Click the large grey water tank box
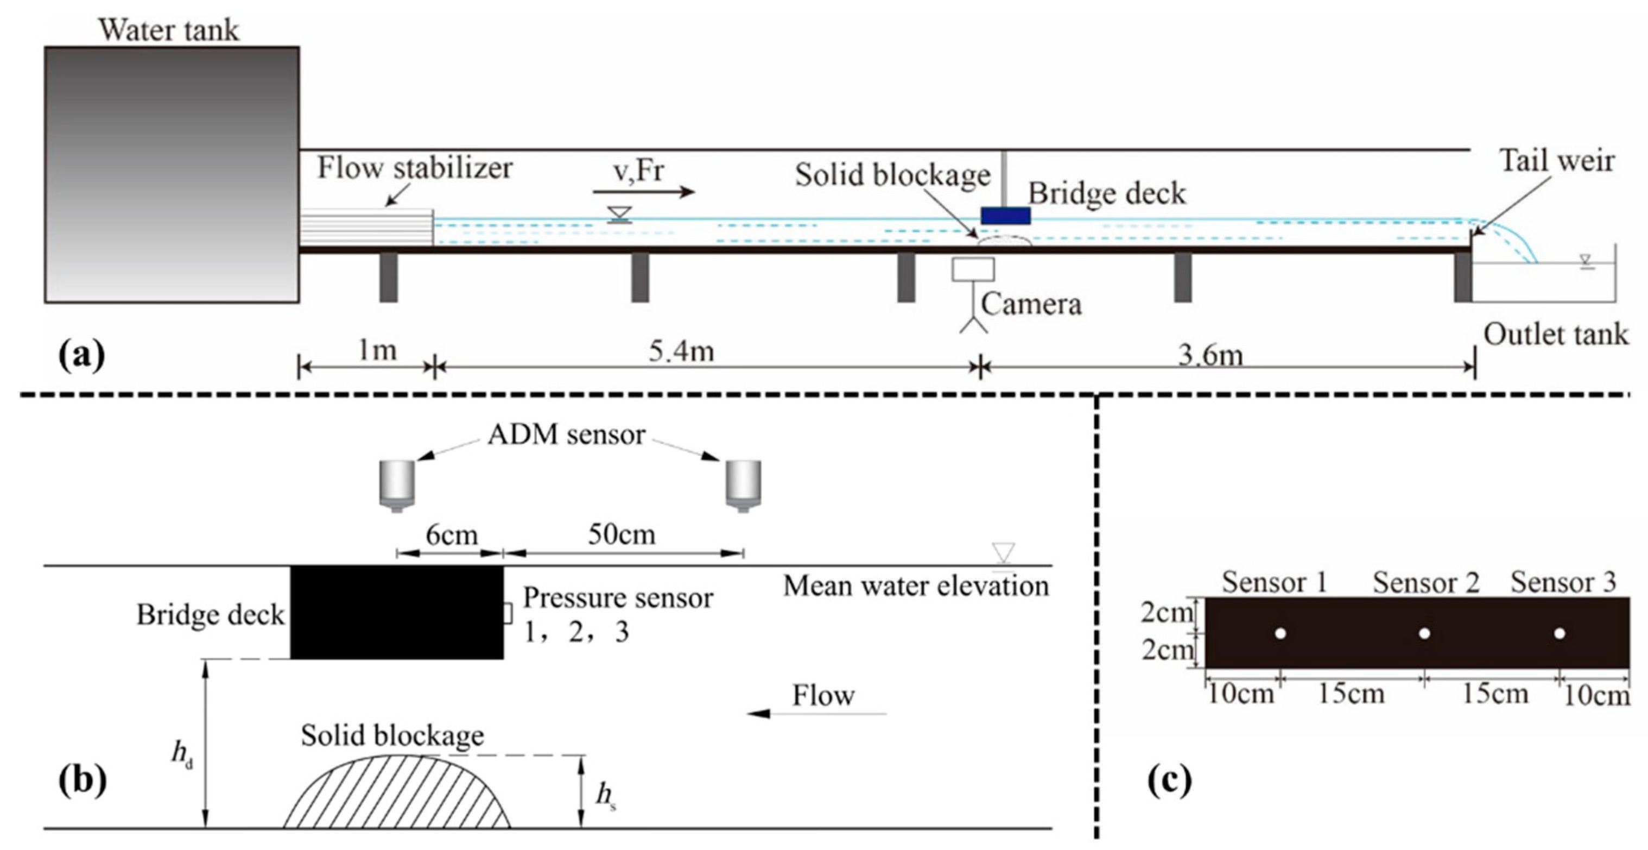tap(172, 174)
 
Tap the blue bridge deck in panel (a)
tap(1005, 216)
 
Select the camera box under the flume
tap(972, 269)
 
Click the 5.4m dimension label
tap(681, 351)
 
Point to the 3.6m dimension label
tap(1210, 354)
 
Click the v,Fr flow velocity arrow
tap(643, 191)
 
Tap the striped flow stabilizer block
tap(366, 227)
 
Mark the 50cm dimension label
tap(621, 534)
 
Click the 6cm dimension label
tap(452, 534)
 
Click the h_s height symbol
tap(605, 796)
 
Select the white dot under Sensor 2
tap(1424, 634)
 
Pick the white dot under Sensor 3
tap(1560, 634)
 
